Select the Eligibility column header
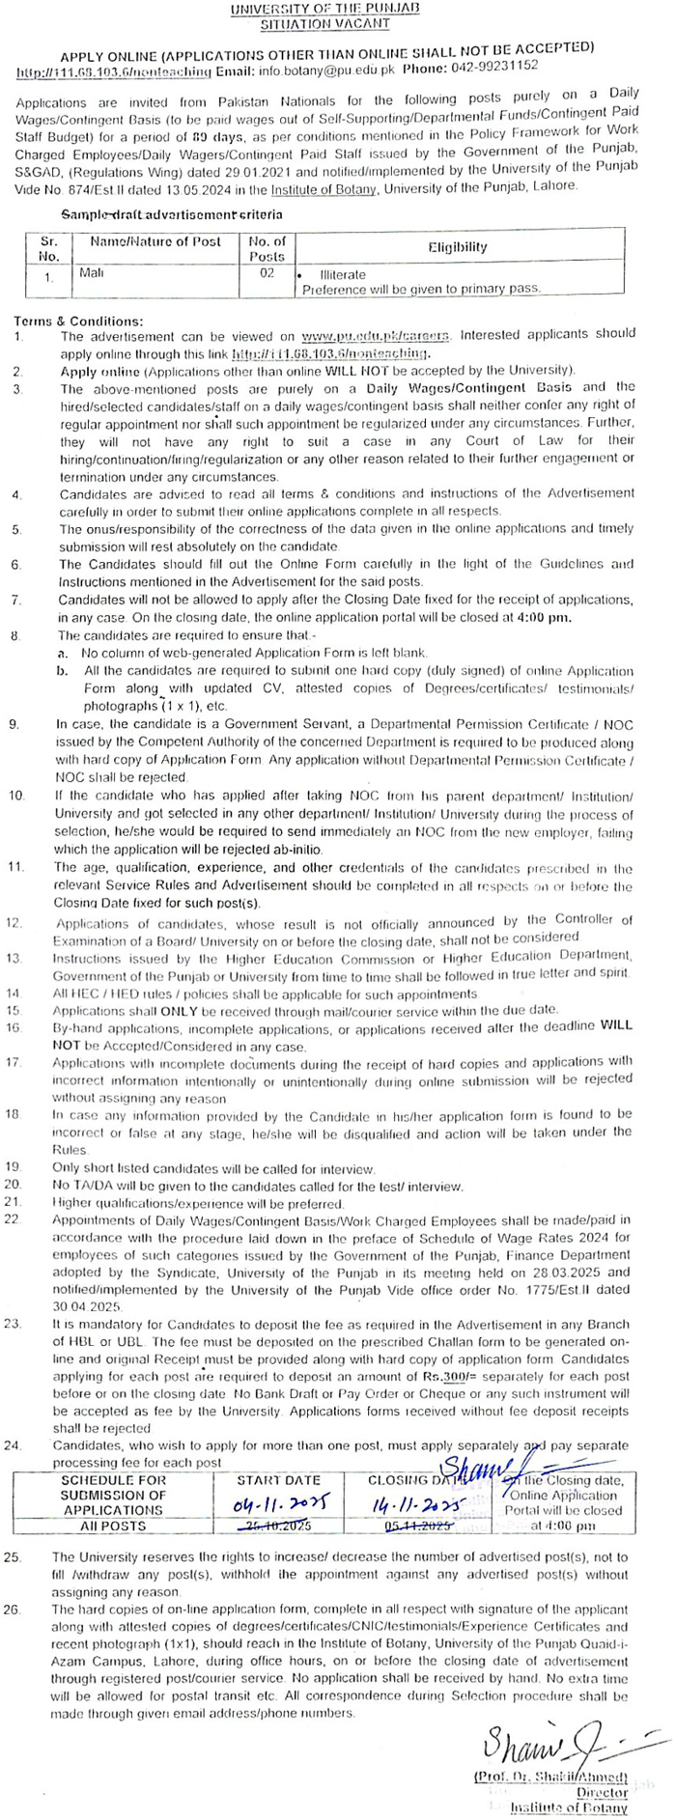coord(458,247)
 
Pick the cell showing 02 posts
coord(267,273)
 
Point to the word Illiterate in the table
coord(343,275)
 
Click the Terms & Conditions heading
coord(78,321)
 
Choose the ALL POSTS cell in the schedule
coord(113,1526)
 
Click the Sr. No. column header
coord(49,248)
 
